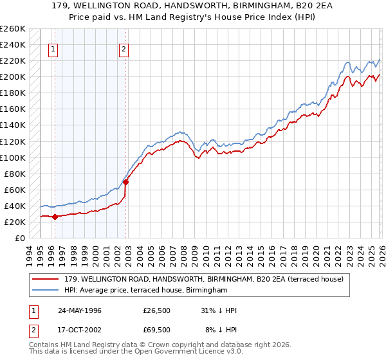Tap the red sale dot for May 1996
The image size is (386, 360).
[55, 217]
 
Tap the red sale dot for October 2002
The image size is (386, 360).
[126, 182]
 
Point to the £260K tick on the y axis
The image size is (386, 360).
[13, 29]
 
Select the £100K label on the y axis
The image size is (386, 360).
[13, 157]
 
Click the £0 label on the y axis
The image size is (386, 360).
[19, 238]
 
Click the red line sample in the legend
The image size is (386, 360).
[46, 279]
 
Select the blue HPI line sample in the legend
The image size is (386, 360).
[46, 291]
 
